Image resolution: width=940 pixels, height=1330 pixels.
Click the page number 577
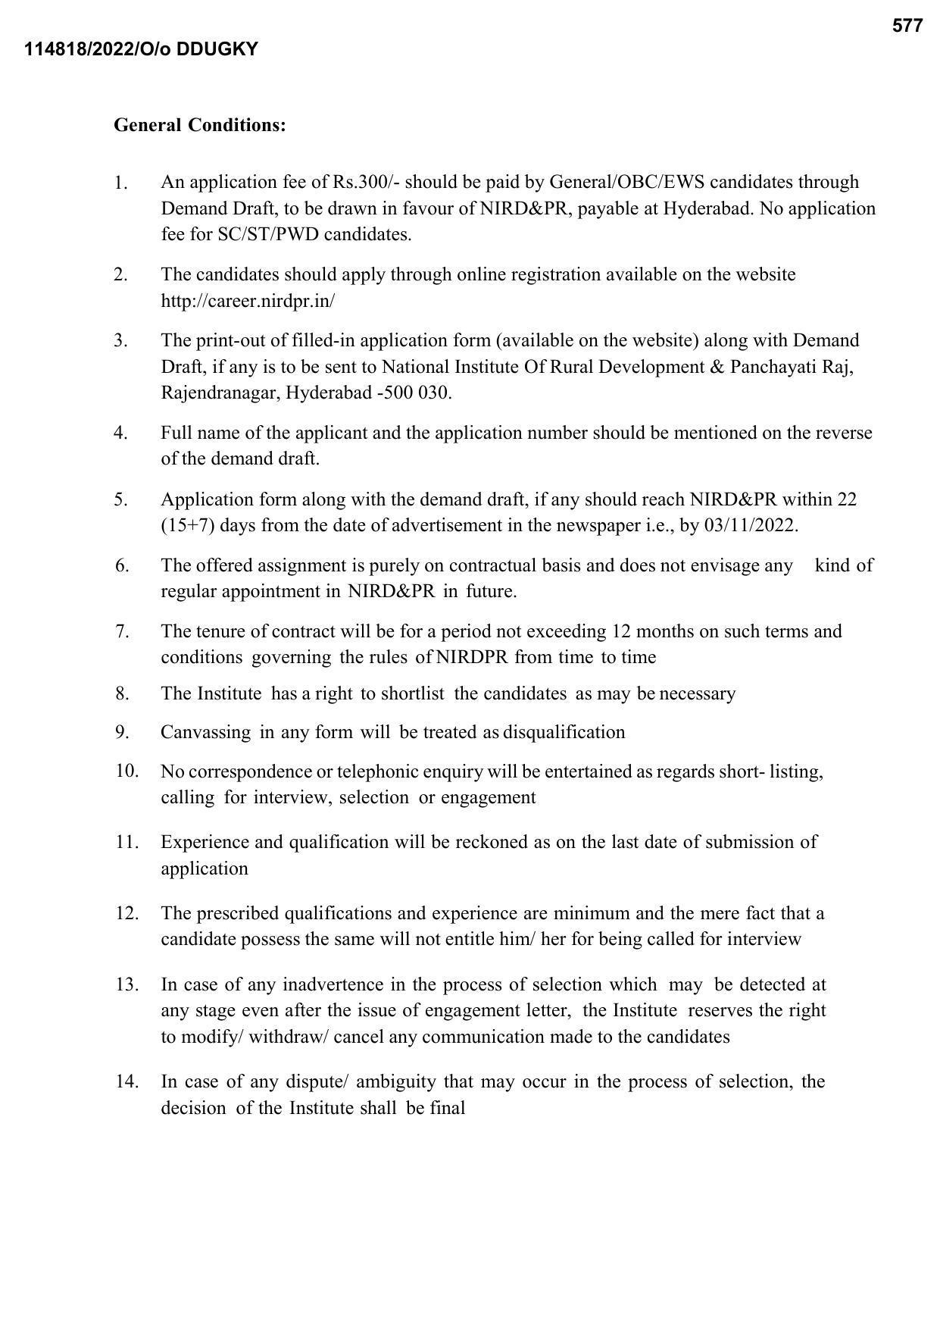click(x=907, y=26)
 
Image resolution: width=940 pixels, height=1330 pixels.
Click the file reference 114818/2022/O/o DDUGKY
click(x=141, y=49)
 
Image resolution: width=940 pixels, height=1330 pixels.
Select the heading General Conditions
click(x=200, y=125)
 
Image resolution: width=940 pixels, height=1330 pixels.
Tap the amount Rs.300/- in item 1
click(x=367, y=182)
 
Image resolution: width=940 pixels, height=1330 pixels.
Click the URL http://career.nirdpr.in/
click(x=248, y=301)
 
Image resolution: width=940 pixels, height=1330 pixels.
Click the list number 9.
click(x=122, y=732)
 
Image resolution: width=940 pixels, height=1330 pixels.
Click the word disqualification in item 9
click(x=564, y=732)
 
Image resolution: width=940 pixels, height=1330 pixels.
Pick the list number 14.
click(x=126, y=1081)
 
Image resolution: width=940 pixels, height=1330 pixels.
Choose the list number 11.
click(x=126, y=842)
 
